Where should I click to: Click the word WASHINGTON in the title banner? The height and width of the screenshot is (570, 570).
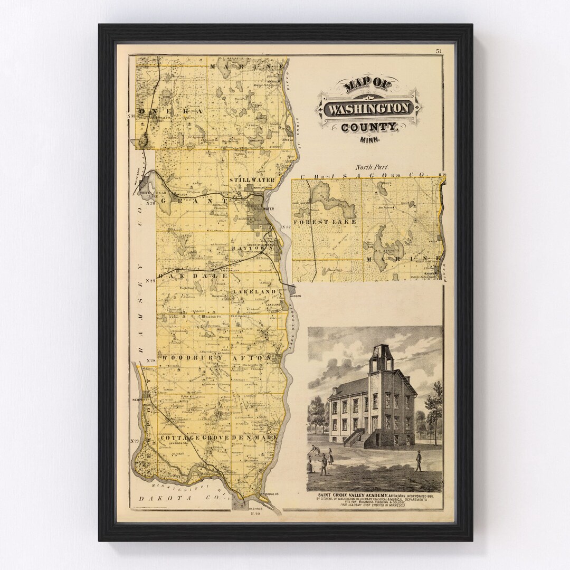click(368, 109)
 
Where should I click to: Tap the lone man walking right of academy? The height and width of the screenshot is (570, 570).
click(419, 461)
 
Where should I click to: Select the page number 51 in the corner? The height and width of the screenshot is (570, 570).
click(439, 51)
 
